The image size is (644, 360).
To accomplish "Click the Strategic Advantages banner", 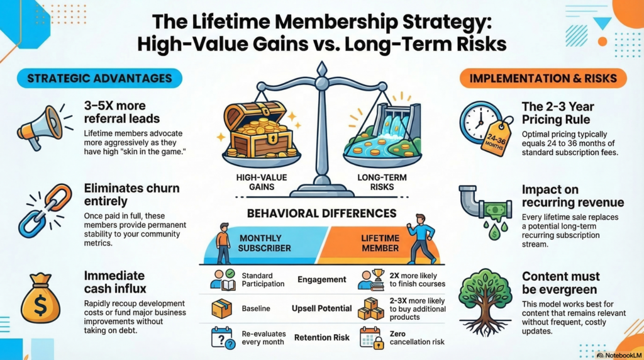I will point(99,79).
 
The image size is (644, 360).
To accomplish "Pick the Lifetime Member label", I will point(380,243).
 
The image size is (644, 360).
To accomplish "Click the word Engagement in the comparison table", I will point(323,279).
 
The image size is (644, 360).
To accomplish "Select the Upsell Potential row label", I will point(323,309).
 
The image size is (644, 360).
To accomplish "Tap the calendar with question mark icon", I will point(221,338).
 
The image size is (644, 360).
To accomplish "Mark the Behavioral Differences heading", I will point(322,213).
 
